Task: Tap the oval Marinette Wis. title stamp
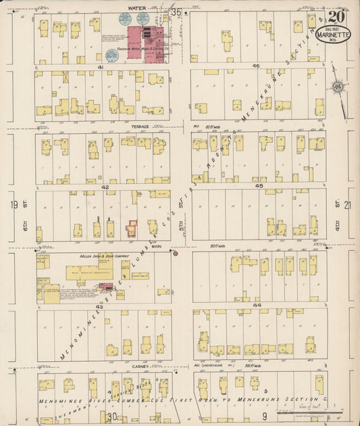pos(334,34)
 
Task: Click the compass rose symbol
pos(336,87)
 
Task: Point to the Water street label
pos(128,9)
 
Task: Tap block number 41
pos(100,67)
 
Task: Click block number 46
pos(256,66)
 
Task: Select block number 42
pos(105,187)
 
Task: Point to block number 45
pos(258,185)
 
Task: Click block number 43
pos(99,306)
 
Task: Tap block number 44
pos(257,306)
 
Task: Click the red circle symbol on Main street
pos(175,254)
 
